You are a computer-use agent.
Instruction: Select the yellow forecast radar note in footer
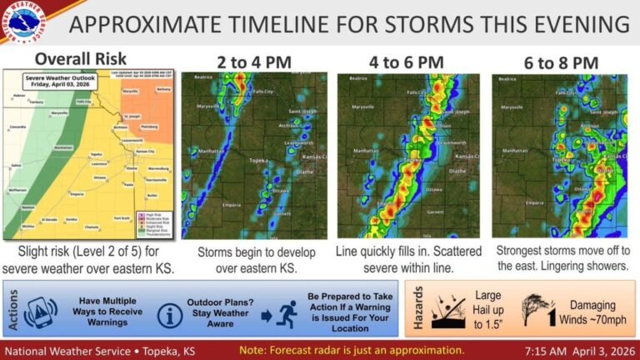pos(351,349)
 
